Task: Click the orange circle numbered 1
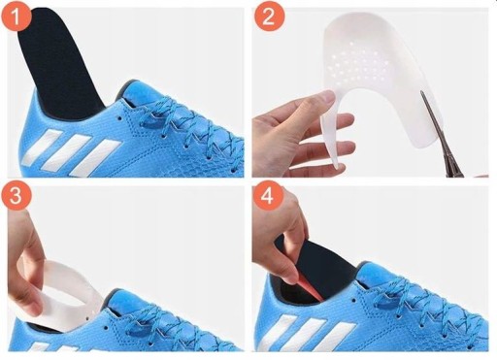[16, 16]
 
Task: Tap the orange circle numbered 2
[269, 16]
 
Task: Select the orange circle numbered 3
[16, 195]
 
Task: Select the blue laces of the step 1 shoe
[191, 126]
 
